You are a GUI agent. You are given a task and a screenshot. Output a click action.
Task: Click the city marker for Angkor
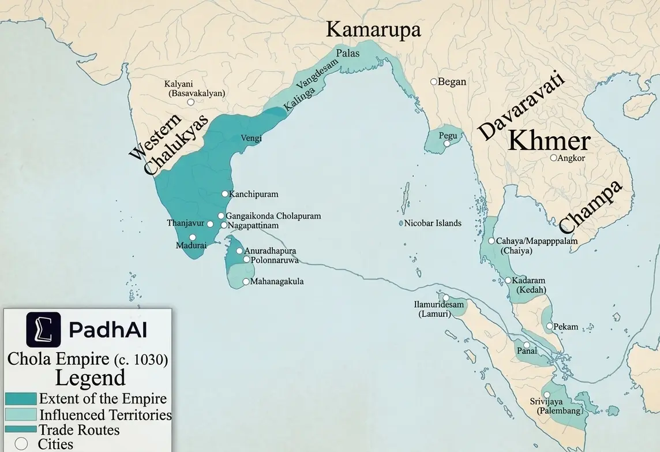tap(553, 158)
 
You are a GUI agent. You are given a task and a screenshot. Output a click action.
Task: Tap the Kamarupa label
tap(373, 29)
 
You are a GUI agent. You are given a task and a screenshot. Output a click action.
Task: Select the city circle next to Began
tap(433, 82)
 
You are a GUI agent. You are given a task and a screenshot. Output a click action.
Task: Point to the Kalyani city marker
tap(190, 102)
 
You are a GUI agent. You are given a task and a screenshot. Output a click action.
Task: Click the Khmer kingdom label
tap(550, 140)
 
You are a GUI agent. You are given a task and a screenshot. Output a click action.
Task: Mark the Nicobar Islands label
tap(433, 223)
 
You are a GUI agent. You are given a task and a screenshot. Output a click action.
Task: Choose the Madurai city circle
tap(193, 237)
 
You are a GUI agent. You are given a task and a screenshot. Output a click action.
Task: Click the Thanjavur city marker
tap(210, 224)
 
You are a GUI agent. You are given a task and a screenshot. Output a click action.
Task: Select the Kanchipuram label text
tap(254, 194)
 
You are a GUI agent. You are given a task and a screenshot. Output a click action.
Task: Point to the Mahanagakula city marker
tap(246, 282)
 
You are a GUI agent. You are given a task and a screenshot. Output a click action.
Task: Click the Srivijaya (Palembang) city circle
tap(546, 394)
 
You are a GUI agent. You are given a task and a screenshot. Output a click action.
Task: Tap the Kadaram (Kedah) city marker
tap(508, 281)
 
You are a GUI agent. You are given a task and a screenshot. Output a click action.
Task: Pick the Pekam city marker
tap(549, 326)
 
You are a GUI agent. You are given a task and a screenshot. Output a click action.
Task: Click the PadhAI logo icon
tap(43, 329)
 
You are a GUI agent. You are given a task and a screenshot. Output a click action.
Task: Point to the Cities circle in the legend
tap(21, 444)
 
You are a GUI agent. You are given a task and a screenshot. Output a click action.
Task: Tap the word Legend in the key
tap(90, 378)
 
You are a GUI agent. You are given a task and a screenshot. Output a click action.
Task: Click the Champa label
tap(591, 206)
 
